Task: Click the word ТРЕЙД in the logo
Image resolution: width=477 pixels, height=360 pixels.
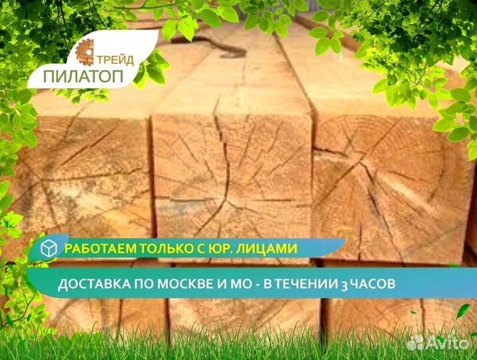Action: [x=115, y=60]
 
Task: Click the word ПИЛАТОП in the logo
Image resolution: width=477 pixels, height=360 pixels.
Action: [x=83, y=76]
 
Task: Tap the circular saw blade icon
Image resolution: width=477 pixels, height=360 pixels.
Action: [x=85, y=53]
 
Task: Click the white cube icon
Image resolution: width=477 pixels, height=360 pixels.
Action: [x=49, y=248]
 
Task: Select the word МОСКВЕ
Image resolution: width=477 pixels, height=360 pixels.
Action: [x=185, y=283]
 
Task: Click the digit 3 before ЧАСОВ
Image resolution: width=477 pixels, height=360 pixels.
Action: [x=344, y=285]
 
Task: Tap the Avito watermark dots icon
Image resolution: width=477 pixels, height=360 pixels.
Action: [x=415, y=343]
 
